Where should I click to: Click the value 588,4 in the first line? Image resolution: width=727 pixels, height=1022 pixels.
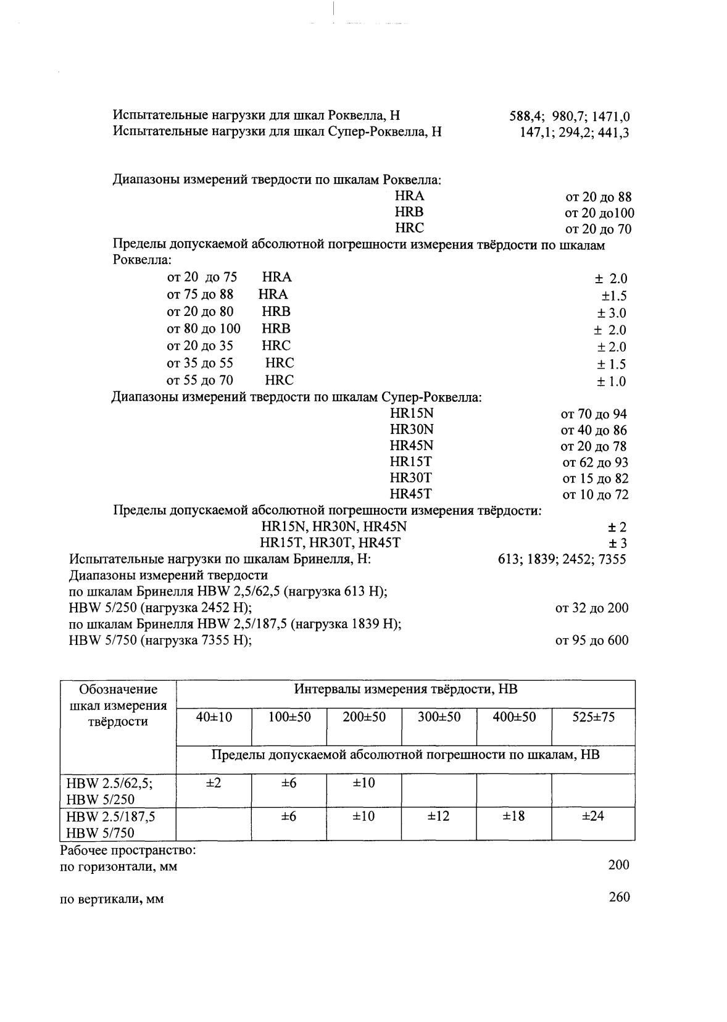(525, 117)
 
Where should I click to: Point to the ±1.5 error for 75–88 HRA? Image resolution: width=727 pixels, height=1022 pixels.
(614, 296)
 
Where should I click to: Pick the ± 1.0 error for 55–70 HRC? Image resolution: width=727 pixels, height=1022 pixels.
(611, 381)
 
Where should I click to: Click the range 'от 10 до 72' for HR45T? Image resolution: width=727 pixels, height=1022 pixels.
(595, 494)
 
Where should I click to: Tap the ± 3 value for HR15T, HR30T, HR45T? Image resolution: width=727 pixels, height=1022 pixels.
(617, 543)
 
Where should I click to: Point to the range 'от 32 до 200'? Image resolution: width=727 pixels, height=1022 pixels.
(592, 609)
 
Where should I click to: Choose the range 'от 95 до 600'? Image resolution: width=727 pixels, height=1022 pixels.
(592, 641)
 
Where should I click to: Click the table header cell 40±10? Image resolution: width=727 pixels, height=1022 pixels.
(214, 717)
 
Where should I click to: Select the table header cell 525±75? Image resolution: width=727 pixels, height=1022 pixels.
(593, 717)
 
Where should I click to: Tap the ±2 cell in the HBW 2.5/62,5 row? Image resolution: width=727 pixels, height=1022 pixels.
(214, 783)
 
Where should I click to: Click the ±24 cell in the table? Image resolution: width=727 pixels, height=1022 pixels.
(593, 816)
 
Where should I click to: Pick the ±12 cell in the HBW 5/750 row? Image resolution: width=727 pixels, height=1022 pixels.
(438, 816)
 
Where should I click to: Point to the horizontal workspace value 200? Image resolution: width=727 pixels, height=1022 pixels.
(618, 865)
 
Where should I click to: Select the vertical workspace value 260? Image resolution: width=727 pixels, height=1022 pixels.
(618, 897)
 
